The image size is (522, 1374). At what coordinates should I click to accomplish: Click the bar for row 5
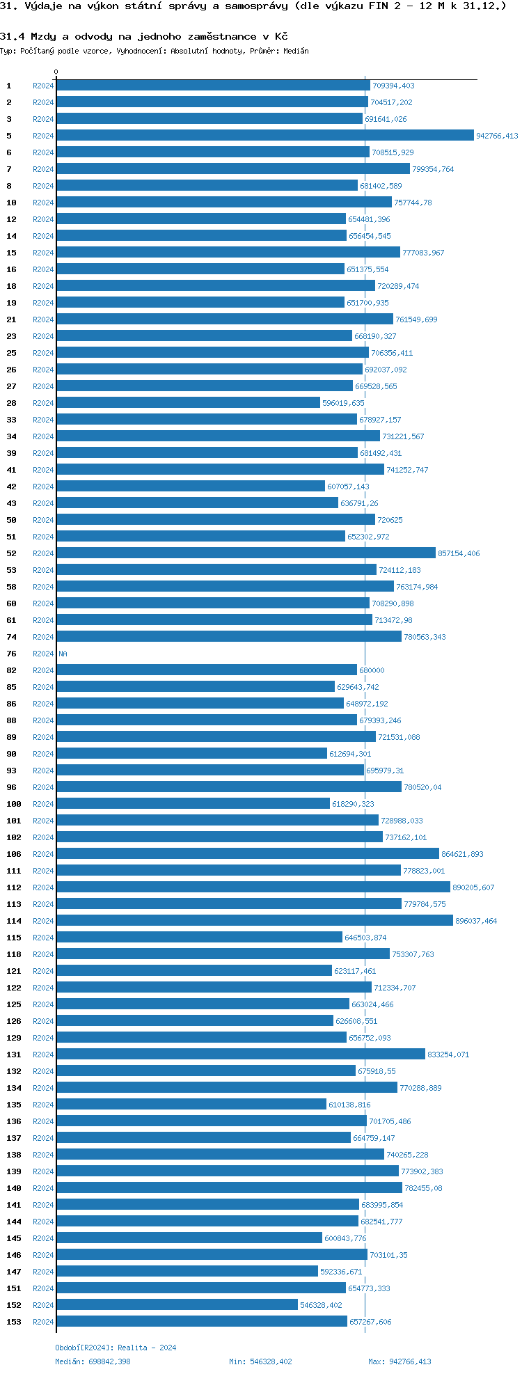(x=264, y=136)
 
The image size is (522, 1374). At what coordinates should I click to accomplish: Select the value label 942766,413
(x=497, y=136)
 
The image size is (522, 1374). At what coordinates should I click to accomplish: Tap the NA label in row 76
(x=63, y=654)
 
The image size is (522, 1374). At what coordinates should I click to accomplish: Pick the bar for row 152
(x=177, y=1305)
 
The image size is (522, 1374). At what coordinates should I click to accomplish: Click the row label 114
(x=14, y=921)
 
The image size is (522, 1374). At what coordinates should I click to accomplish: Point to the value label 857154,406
(x=459, y=554)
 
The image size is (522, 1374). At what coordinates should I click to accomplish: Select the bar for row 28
(x=188, y=403)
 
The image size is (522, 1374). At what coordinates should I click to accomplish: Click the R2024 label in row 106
(x=43, y=854)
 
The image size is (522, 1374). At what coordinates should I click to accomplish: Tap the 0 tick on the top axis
(x=56, y=72)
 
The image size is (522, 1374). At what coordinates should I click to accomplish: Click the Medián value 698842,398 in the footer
(x=109, y=1361)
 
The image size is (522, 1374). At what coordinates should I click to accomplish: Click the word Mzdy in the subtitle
(x=42, y=36)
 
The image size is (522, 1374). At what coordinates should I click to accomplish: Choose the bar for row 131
(x=240, y=1055)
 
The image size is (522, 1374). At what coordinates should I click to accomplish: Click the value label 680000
(x=372, y=671)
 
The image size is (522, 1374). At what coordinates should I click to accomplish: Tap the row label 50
(x=11, y=520)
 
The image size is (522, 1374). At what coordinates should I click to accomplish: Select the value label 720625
(x=390, y=521)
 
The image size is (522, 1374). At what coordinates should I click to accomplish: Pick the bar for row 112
(x=253, y=887)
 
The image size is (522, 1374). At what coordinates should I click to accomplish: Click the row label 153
(x=14, y=1322)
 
